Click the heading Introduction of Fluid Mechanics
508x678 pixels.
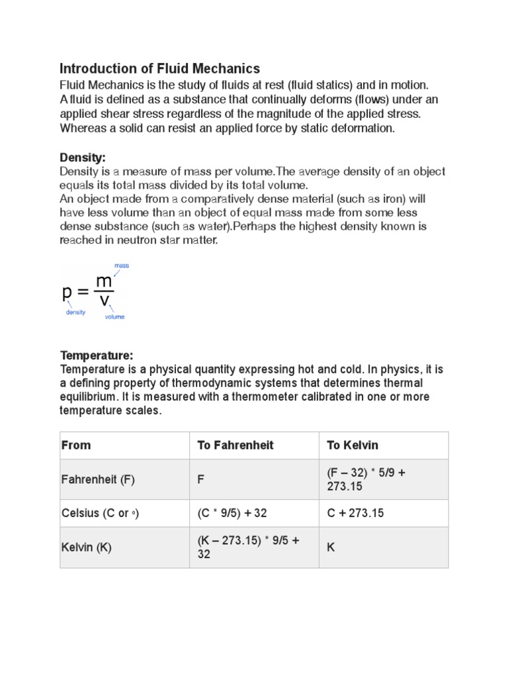(160, 68)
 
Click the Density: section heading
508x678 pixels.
(83, 158)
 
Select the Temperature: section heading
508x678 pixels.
(97, 356)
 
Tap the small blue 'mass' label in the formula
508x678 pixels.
(122, 266)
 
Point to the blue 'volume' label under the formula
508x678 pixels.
(114, 316)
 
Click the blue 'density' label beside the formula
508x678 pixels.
(75, 313)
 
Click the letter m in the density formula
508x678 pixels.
(104, 281)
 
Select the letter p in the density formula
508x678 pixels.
(67, 292)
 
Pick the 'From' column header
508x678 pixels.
(76, 445)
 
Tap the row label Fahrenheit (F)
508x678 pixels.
(98, 480)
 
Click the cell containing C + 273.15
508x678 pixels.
(355, 513)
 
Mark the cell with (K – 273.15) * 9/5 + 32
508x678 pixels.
(248, 548)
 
